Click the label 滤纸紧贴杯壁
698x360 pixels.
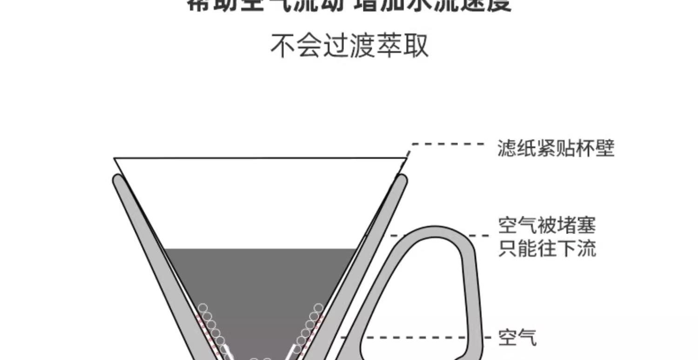556,149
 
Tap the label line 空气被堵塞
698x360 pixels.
547,227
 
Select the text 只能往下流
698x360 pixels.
547,249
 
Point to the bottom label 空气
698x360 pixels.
517,337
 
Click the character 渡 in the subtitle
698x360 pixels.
362,46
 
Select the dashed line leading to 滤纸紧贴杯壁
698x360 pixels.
447,144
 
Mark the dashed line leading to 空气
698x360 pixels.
414,337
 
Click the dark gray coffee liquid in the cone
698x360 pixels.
261,288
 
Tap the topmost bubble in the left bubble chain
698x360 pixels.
203,308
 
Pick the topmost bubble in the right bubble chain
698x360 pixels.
318,308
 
